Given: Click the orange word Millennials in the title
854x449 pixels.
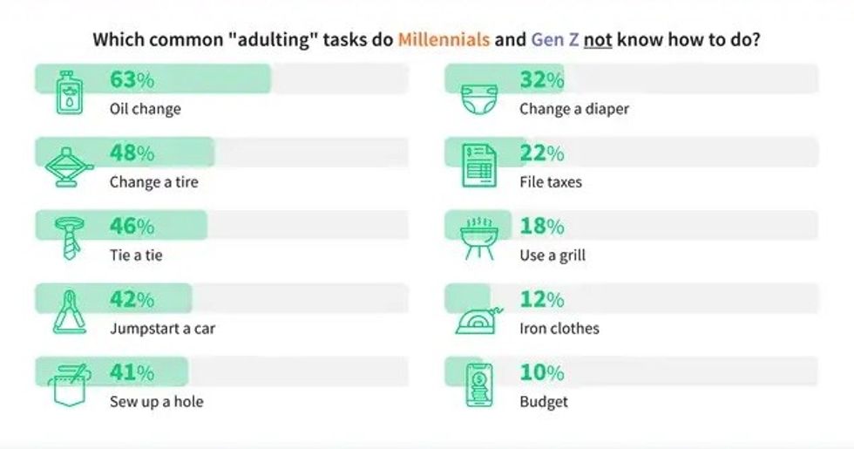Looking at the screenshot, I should pyautogui.click(x=444, y=40).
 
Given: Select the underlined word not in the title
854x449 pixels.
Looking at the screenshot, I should pyautogui.click(x=597, y=40).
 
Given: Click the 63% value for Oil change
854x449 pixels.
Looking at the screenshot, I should pyautogui.click(x=132, y=80).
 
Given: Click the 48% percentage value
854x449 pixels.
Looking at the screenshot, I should pyautogui.click(x=132, y=153).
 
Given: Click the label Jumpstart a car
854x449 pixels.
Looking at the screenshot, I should pyautogui.click(x=162, y=329).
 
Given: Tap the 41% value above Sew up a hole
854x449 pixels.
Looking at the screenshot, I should pyautogui.click(x=132, y=373).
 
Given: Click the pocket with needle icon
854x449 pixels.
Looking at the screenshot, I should pyautogui.click(x=68, y=384).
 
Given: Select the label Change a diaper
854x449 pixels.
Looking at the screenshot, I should pyautogui.click(x=573, y=109).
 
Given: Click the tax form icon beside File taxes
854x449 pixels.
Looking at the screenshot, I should pyautogui.click(x=478, y=165).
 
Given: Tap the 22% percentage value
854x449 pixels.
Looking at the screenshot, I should pyautogui.click(x=542, y=153).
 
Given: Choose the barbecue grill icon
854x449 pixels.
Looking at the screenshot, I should pyautogui.click(x=478, y=238).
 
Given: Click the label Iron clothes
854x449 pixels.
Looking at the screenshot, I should pyautogui.click(x=559, y=329).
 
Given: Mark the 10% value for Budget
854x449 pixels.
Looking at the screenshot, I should pyautogui.click(x=542, y=373).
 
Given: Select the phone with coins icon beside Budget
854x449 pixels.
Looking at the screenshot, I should pyautogui.click(x=478, y=384).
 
